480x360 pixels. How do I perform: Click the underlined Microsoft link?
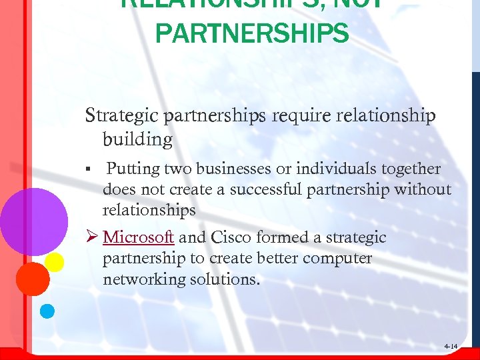(139, 237)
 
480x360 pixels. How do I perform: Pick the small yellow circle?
(54, 262)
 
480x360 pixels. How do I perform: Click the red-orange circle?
(33, 279)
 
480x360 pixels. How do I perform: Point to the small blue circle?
(47, 310)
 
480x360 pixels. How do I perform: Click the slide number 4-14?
(451, 347)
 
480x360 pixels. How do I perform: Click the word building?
(137, 139)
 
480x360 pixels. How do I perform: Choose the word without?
(423, 189)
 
